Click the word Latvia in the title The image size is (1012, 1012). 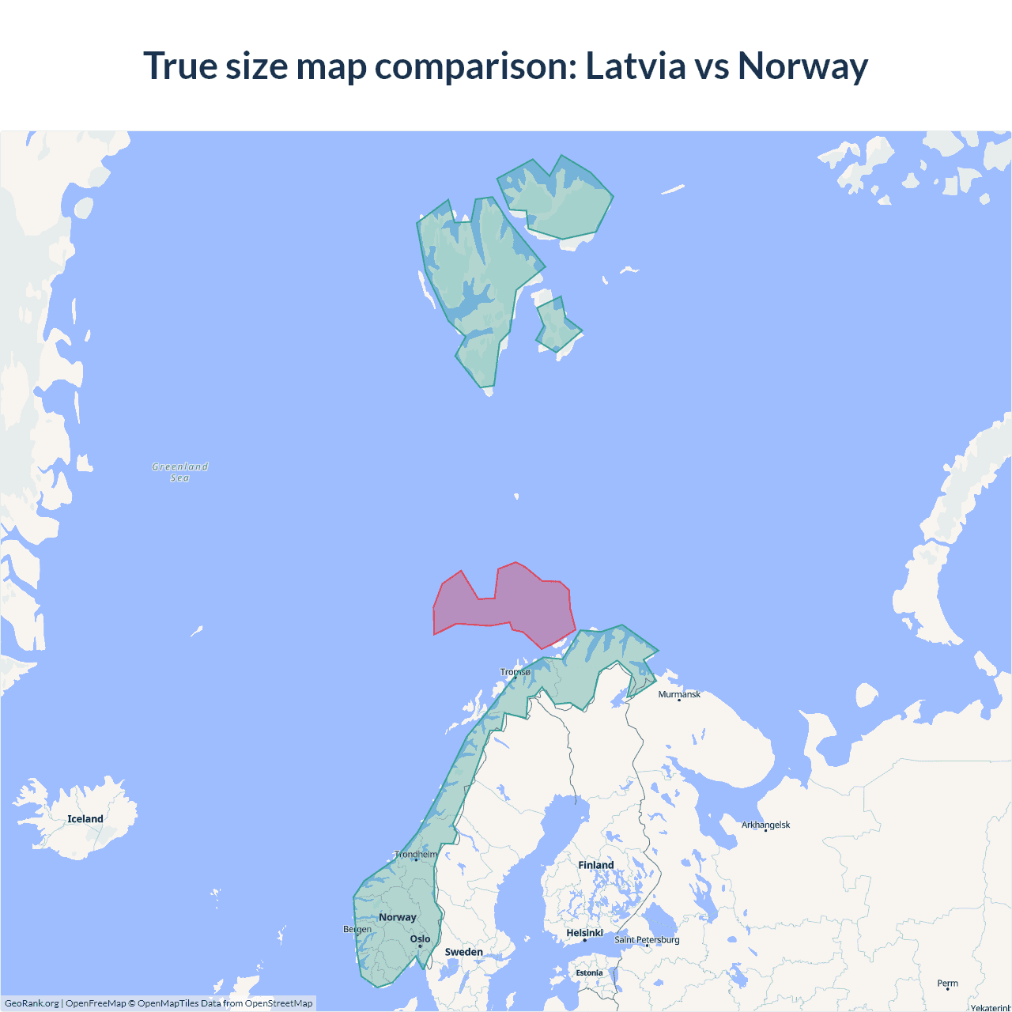(x=636, y=66)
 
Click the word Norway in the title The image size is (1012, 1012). (x=802, y=66)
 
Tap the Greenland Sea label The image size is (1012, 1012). (x=180, y=472)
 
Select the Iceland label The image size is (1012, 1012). (x=85, y=819)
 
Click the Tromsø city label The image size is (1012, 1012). (x=515, y=672)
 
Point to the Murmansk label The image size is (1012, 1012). (x=679, y=694)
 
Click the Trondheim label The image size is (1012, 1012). (x=416, y=855)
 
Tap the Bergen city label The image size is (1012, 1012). (x=357, y=929)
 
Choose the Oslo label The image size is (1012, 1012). (x=421, y=939)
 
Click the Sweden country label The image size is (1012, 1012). (x=463, y=952)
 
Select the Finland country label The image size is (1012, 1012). (x=595, y=865)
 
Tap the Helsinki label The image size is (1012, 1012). (x=584, y=933)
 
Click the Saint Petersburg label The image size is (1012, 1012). (x=647, y=940)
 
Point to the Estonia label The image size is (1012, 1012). (x=589, y=973)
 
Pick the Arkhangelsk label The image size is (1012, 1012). (x=765, y=825)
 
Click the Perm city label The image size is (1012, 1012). (x=947, y=984)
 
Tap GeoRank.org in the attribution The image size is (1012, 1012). (x=32, y=1003)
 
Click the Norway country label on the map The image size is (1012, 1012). (x=397, y=917)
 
